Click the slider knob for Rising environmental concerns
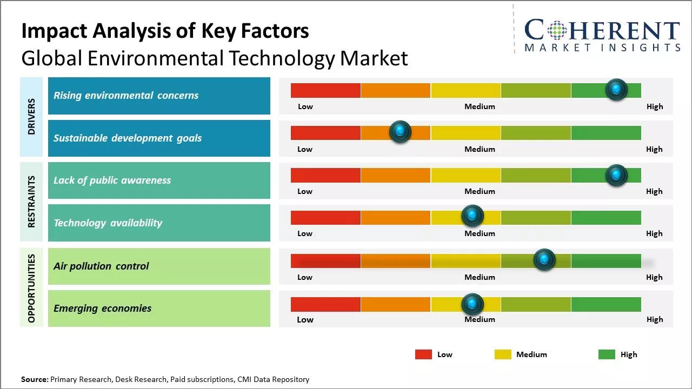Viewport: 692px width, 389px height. pos(616,90)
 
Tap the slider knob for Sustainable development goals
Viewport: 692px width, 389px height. pos(400,132)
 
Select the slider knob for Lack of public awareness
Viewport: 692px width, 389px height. pos(616,175)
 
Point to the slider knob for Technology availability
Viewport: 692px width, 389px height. pos(473,216)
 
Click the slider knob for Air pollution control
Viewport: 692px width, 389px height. pos(544,260)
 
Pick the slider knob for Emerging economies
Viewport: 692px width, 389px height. pos(473,304)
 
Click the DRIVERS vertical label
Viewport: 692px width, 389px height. pos(31,117)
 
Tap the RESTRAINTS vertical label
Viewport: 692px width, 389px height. pos(31,202)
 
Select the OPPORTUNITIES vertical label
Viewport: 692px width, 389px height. pos(31,288)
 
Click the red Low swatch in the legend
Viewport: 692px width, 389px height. pos(423,354)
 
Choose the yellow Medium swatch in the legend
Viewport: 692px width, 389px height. pos(503,354)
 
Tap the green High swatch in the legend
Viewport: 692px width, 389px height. pos(607,354)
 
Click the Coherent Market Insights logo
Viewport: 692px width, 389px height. pos(602,35)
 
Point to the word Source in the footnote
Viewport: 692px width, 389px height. pos(34,379)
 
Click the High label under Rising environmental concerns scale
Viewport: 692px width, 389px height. pos(655,106)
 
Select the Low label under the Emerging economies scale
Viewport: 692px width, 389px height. pos(305,319)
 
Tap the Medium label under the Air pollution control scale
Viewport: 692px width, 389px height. pos(480,277)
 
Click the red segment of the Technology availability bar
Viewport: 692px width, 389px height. pos(325,217)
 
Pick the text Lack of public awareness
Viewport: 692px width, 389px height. pos(112,180)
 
